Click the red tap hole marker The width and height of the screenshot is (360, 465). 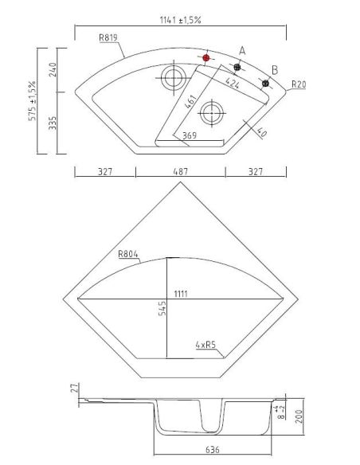pos(206,58)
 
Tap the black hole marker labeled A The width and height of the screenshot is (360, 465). pos(237,67)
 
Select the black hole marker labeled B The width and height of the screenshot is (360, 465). pos(266,84)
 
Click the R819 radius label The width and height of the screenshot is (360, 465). pos(108,37)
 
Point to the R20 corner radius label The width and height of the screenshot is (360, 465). pos(299,84)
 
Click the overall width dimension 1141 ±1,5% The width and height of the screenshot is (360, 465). pos(180,20)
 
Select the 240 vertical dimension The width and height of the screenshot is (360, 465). pos(53,70)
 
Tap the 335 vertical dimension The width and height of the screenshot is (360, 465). pos(53,123)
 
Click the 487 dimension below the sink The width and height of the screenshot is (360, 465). pos(180,171)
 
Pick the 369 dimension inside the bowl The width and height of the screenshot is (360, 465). pos(190,135)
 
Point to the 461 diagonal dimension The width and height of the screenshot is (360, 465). pos(190,101)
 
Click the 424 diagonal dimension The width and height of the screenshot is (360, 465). pos(233,83)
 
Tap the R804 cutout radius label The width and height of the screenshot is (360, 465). pos(128,254)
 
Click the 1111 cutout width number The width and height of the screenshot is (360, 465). pos(181,294)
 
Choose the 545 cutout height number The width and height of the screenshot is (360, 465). pos(162,308)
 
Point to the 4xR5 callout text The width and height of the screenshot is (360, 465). pos(205,345)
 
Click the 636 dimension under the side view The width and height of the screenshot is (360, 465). pos(213,450)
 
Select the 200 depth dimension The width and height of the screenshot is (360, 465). pos(299,416)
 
